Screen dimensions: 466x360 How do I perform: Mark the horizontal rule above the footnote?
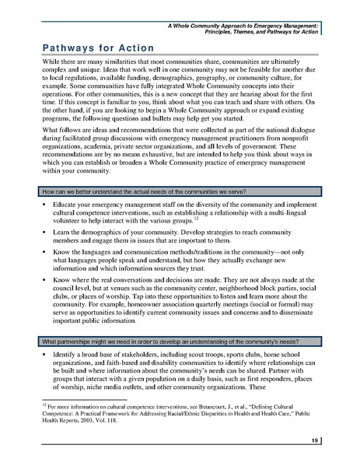[x=78, y=401]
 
